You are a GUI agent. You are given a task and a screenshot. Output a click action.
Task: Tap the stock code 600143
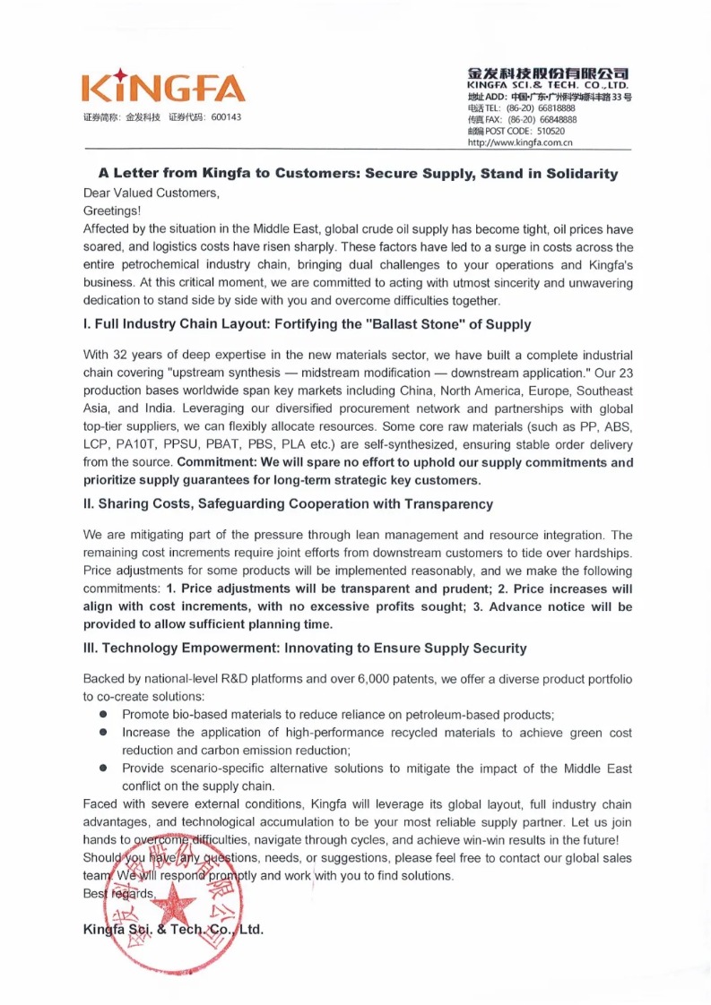[226, 117]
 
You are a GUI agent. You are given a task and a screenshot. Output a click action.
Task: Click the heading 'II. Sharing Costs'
[288, 504]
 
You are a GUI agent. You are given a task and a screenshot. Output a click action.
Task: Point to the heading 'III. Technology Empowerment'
[305, 648]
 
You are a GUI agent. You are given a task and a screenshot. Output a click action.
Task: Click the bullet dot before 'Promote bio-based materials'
[104, 715]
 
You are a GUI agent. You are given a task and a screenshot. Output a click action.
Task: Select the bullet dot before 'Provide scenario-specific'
[104, 769]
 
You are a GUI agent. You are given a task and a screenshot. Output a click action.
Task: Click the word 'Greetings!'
[112, 210]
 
